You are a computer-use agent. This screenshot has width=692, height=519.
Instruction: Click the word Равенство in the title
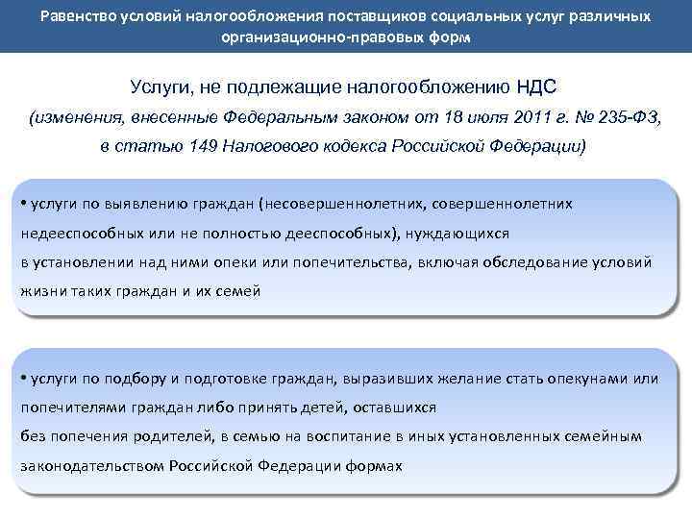tap(81, 17)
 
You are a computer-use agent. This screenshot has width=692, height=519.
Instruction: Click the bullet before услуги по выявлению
tap(26, 204)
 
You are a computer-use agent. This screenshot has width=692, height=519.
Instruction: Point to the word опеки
tap(243, 261)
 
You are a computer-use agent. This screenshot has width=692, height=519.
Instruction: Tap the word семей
tap(239, 290)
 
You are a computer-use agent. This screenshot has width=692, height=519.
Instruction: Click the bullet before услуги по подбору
tap(26, 378)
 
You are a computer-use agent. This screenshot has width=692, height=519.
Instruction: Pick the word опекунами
tap(590, 378)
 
